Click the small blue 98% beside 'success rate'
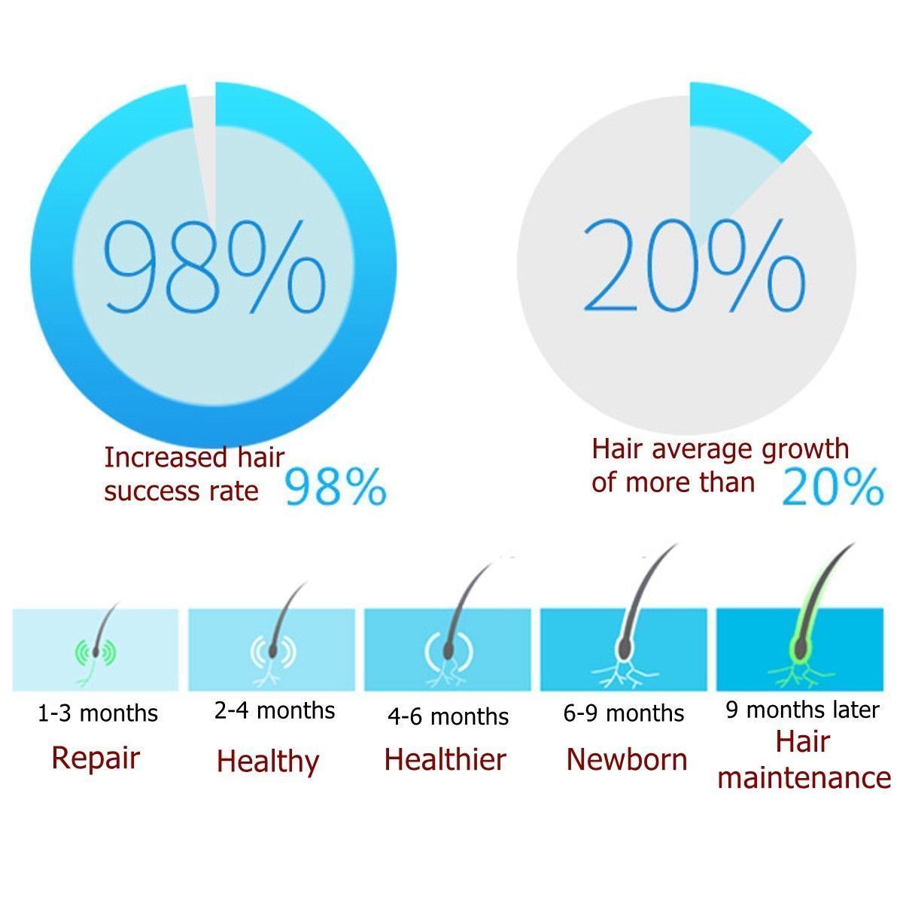[x=336, y=487]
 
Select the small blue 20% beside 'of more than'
[x=832, y=487]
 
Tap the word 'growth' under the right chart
[x=806, y=449]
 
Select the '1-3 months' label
[x=98, y=713]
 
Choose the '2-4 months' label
[x=275, y=710]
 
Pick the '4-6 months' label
[x=448, y=716]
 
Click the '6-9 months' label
[x=624, y=713]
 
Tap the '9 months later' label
[x=802, y=710]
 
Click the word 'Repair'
[x=96, y=757]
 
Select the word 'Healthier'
[x=445, y=759]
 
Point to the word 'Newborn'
[x=627, y=759]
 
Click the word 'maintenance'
[x=804, y=777]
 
